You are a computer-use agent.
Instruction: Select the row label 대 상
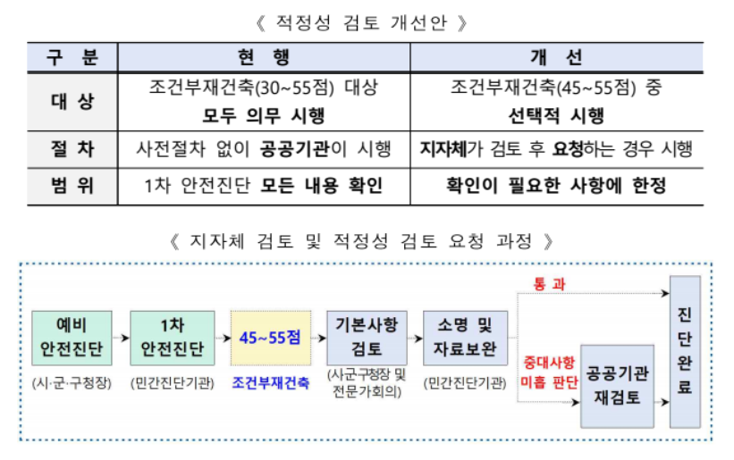(71, 102)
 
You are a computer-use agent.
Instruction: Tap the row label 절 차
(71, 149)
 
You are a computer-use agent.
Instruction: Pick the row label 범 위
(71, 187)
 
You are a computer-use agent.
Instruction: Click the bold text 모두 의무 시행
(264, 116)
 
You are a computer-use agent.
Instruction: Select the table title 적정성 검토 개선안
(367, 20)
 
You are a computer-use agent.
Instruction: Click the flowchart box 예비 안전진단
(71, 338)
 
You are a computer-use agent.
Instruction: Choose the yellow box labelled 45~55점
(270, 338)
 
